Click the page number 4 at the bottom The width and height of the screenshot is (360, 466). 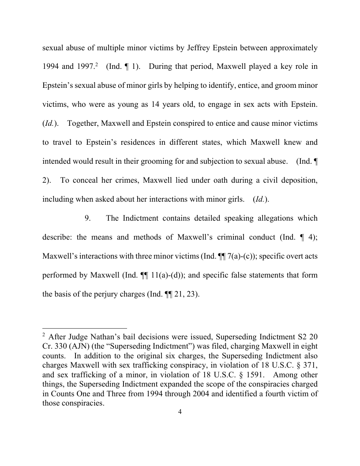click(x=180, y=412)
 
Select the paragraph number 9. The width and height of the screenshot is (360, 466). click(x=87, y=218)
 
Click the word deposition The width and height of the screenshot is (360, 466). click(x=296, y=180)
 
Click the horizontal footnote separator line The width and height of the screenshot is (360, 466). click(x=85, y=328)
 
